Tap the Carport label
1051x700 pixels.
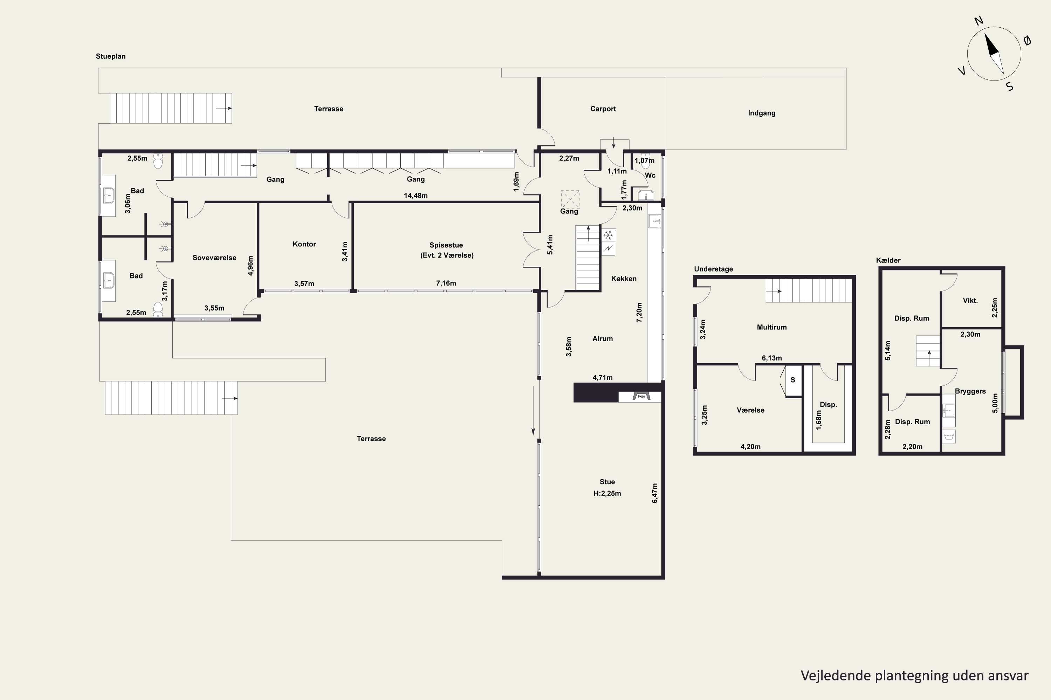click(603, 109)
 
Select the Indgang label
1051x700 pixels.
click(761, 113)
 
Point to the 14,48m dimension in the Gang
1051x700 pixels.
click(415, 196)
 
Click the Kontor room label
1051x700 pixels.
click(304, 244)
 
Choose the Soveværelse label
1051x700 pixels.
click(214, 258)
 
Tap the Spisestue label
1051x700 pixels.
click(446, 245)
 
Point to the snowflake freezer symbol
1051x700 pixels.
click(608, 235)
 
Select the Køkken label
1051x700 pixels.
click(624, 279)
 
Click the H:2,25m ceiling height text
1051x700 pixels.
click(607, 493)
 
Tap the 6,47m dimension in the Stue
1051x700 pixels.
click(655, 493)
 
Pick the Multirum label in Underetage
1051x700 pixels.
click(772, 327)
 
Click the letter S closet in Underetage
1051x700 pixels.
click(793, 380)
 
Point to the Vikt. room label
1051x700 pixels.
click(970, 300)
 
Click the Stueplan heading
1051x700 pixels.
click(111, 56)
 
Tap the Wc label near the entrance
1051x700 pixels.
click(650, 175)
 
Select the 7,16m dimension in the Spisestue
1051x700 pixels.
click(446, 283)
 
